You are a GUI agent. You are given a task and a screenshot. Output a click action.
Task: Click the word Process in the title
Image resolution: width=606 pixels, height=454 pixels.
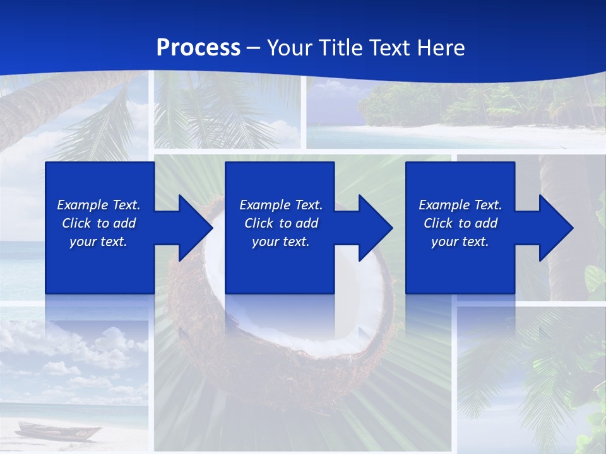tap(198, 47)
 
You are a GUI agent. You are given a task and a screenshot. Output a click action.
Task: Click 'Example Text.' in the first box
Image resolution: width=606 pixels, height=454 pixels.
tap(98, 205)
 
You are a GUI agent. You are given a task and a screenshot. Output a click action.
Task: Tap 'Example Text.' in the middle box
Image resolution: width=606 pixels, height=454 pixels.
tap(281, 205)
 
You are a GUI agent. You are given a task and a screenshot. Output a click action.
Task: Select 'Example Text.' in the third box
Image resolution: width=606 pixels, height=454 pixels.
tap(460, 205)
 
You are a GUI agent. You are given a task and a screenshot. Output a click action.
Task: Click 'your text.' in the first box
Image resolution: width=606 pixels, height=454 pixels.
tap(98, 242)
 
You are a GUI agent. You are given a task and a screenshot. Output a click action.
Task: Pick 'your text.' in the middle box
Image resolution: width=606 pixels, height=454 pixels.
tap(281, 242)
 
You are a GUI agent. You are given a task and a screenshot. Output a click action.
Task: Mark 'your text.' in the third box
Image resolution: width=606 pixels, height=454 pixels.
tap(460, 242)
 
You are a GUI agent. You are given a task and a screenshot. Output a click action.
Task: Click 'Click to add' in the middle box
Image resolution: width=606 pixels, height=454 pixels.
tap(281, 223)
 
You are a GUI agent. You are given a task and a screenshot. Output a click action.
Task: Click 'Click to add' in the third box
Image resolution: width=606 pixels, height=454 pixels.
tap(460, 223)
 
